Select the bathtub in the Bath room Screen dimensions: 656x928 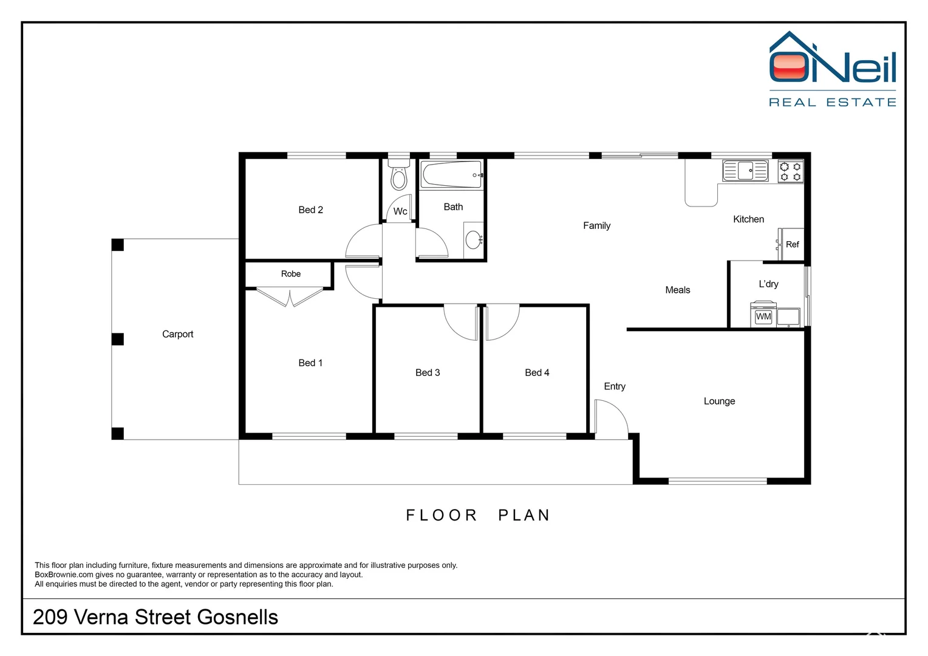(x=452, y=174)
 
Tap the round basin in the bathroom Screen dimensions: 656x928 (x=473, y=240)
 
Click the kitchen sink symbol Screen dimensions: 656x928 (x=745, y=171)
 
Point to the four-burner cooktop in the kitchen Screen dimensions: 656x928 (x=791, y=171)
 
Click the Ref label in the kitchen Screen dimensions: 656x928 (x=792, y=244)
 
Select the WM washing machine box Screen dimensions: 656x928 (x=763, y=316)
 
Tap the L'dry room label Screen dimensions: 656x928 (x=768, y=284)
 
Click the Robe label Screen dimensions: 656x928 (x=291, y=274)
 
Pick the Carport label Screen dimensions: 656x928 (x=177, y=334)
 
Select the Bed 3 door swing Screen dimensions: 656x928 (x=461, y=322)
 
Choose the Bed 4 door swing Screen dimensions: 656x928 (x=502, y=322)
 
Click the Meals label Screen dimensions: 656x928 (x=677, y=290)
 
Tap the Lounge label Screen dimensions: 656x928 (x=719, y=401)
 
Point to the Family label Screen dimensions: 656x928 (x=596, y=225)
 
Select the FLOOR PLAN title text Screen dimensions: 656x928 (x=478, y=515)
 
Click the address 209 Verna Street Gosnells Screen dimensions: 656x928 (x=155, y=617)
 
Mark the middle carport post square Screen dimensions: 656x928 (x=118, y=339)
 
